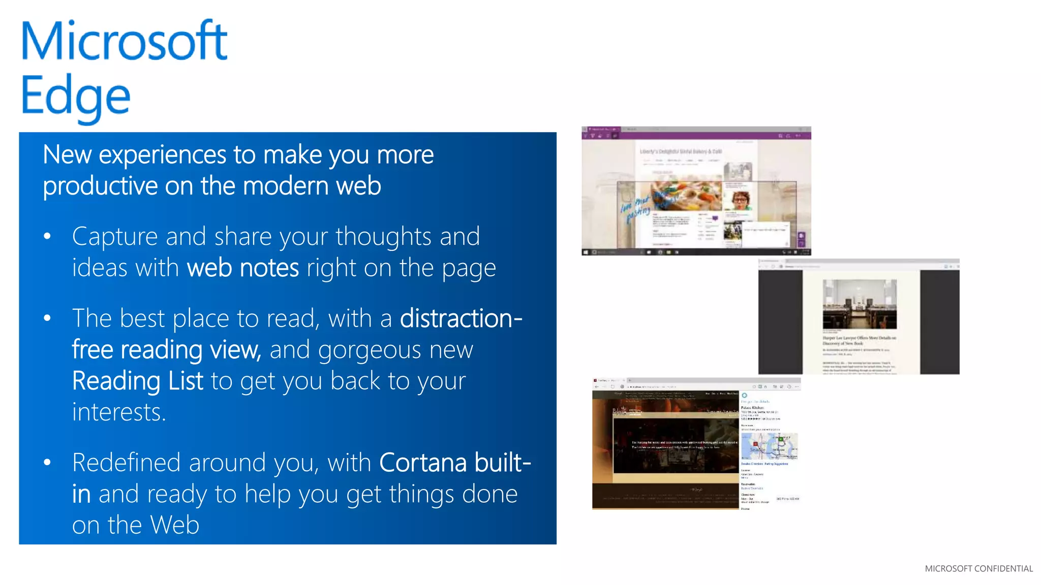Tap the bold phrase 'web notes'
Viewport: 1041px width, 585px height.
tap(243, 268)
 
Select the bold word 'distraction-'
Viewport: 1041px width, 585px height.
tap(461, 319)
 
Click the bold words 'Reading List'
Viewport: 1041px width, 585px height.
tap(137, 381)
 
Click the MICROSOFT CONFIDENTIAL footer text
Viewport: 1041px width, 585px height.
tap(978, 569)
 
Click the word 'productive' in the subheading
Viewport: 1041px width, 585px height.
tap(100, 186)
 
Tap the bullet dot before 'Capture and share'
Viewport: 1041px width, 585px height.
tap(47, 236)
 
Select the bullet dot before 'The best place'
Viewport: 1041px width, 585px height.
tap(47, 318)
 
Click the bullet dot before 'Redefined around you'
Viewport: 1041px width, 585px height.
tap(47, 463)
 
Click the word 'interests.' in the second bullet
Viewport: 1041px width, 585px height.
tap(119, 412)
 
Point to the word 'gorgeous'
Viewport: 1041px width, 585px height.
tap(370, 350)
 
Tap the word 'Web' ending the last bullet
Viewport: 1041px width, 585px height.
tap(175, 525)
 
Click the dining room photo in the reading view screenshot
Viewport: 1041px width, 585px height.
tap(860, 304)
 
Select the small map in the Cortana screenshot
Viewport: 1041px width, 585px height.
tap(769, 446)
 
